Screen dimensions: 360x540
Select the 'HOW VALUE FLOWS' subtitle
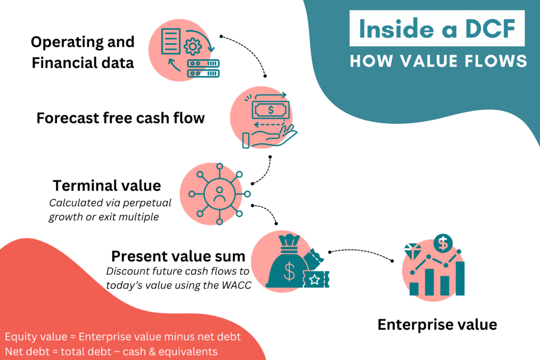tap(438, 61)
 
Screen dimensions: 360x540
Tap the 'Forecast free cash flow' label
tap(120, 118)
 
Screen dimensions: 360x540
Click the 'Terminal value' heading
tap(107, 186)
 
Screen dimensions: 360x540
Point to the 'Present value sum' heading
tap(178, 257)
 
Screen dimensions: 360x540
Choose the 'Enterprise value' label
tap(437, 325)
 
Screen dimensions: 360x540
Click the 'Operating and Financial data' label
tap(83, 52)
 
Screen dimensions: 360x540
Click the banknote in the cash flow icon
tap(270, 110)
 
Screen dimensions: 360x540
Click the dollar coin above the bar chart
tap(443, 244)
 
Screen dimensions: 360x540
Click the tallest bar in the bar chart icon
tap(459, 277)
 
